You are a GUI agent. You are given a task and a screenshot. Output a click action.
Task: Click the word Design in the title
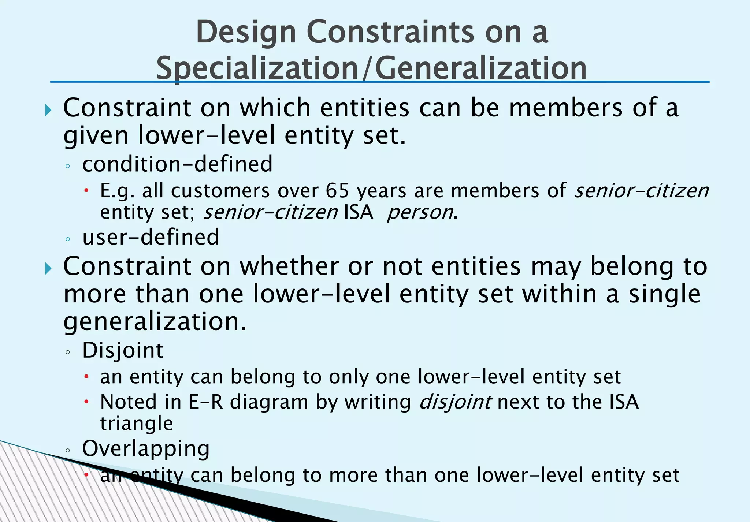[246, 32]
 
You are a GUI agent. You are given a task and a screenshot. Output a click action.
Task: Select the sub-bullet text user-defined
[151, 237]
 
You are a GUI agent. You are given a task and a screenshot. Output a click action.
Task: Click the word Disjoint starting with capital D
[122, 350]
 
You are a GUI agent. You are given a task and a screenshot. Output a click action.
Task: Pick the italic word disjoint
[454, 402]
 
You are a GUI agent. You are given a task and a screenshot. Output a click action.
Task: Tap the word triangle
[137, 424]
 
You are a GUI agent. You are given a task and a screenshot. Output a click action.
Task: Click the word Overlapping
[146, 448]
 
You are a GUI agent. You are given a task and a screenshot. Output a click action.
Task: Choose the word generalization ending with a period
[155, 321]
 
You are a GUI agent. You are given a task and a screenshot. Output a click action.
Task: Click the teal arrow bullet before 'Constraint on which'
[48, 109]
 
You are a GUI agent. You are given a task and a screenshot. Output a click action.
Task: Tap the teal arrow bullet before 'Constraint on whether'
[48, 268]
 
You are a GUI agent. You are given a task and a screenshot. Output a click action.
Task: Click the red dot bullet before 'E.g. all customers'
[86, 190]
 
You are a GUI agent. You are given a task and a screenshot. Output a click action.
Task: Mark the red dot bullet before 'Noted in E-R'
[86, 402]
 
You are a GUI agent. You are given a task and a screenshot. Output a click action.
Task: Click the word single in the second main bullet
[664, 294]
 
